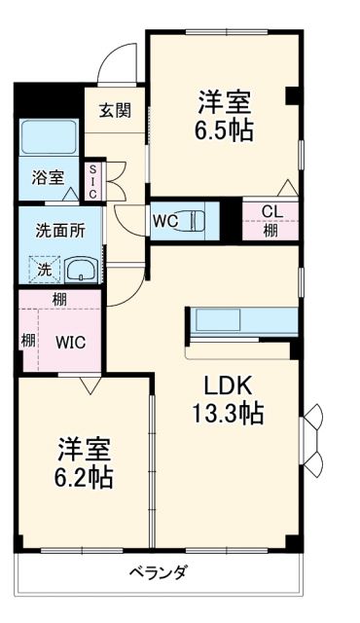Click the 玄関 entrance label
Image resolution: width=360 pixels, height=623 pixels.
click(x=115, y=111)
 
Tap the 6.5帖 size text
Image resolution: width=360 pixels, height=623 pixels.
click(x=227, y=129)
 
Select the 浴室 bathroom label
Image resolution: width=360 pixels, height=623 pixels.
click(x=48, y=177)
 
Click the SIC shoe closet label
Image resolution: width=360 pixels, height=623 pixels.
click(x=93, y=181)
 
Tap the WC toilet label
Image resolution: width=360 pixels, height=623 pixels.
click(x=164, y=221)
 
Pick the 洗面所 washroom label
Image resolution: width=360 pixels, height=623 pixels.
click(x=60, y=232)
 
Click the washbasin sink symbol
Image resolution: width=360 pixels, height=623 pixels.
click(x=80, y=270)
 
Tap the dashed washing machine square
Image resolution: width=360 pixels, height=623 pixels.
click(x=46, y=269)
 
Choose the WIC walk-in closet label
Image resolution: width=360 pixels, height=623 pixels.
click(x=70, y=343)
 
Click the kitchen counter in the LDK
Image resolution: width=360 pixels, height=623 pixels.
click(x=242, y=321)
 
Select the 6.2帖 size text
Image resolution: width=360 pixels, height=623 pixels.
click(x=82, y=477)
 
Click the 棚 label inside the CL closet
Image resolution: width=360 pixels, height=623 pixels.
click(x=269, y=232)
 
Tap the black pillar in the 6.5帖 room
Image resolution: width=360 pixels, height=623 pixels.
click(x=291, y=95)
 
